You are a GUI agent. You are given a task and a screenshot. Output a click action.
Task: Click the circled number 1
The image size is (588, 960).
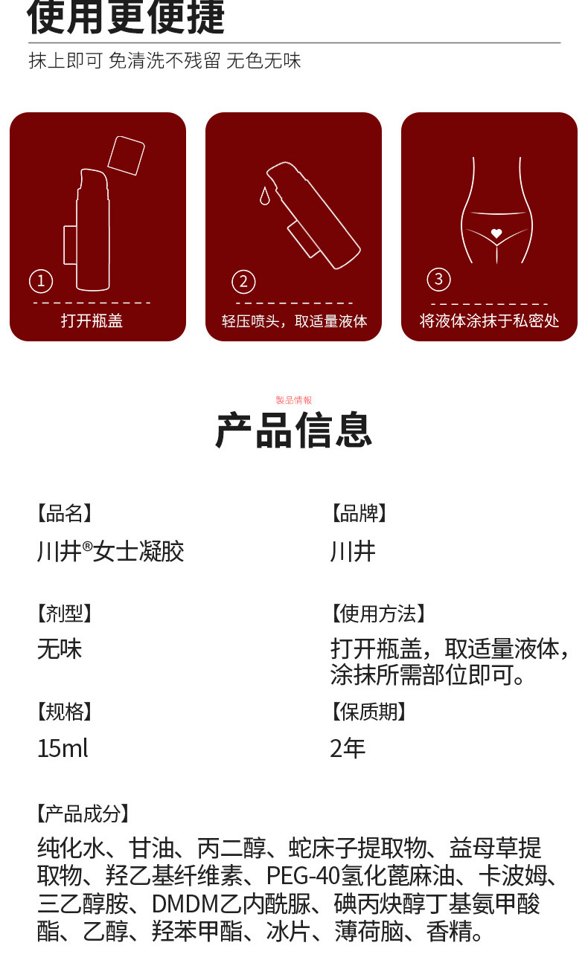tap(41, 281)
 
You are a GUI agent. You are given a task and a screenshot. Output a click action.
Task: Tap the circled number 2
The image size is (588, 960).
tap(243, 282)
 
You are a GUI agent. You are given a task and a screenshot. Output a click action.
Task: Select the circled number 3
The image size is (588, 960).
tap(438, 279)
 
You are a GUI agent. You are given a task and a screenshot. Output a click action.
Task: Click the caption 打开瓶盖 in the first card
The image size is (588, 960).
tap(92, 321)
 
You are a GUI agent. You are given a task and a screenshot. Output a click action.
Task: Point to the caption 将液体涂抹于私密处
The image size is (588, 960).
tap(489, 321)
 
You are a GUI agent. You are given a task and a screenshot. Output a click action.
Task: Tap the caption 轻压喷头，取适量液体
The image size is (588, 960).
tap(294, 321)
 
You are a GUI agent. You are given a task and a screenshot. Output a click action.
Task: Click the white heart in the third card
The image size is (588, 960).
tap(496, 233)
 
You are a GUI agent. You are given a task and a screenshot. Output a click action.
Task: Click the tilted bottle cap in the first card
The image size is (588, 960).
tap(125, 155)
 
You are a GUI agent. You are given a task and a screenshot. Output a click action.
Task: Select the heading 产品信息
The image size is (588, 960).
tap(294, 431)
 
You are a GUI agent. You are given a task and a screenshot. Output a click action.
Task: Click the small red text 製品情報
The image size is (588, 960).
tap(294, 400)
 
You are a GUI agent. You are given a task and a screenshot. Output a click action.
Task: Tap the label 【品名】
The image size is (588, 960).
tap(65, 513)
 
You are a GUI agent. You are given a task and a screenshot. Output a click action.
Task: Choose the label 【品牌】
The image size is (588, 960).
tap(359, 513)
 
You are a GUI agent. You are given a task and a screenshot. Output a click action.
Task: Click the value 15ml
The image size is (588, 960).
tap(63, 748)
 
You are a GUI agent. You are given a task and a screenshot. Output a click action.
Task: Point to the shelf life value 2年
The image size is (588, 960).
tap(348, 748)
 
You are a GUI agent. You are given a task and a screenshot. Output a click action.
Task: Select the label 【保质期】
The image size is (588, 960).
tap(369, 712)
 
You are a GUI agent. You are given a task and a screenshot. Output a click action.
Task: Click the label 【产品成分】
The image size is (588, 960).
tap(83, 814)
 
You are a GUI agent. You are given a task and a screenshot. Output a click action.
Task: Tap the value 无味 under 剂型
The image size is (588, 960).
tap(60, 650)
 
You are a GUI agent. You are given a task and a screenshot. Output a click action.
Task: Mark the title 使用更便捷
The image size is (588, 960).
tap(126, 18)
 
